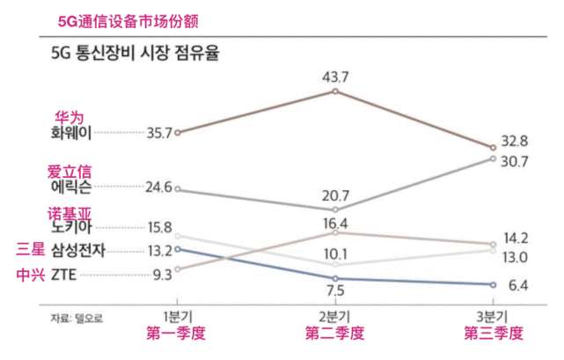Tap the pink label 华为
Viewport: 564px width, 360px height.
(x=70, y=116)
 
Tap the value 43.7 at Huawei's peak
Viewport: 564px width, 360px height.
(x=334, y=77)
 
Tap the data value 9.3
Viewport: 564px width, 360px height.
(x=162, y=275)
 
